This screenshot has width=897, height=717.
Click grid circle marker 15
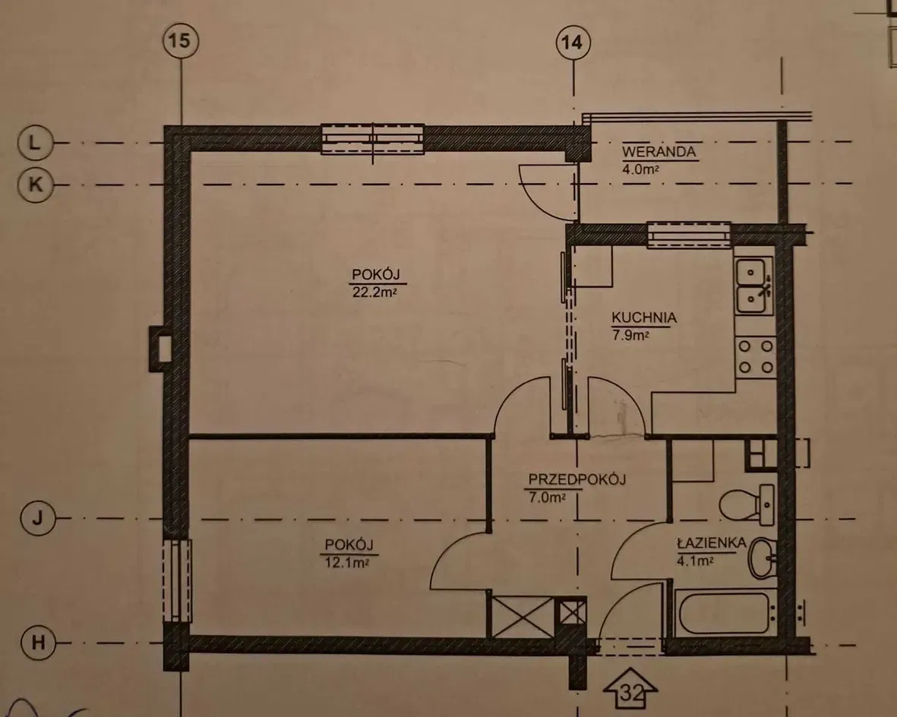coord(181,41)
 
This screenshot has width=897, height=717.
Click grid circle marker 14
coord(573,43)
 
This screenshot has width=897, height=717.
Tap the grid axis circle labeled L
coord(36,143)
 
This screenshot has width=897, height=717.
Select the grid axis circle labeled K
coord(36,185)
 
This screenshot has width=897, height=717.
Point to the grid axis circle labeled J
coord(38,519)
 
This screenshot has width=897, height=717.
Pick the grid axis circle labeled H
coord(38,643)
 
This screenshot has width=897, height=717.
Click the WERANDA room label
coord(659,152)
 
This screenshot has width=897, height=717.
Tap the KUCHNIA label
coord(644,317)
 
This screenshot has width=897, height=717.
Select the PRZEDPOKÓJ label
coord(576,479)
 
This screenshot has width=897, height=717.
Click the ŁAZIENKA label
coord(712,543)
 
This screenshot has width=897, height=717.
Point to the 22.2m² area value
coord(375,293)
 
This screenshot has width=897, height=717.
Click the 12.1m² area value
coord(346,563)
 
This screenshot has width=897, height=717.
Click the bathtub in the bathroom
coord(724,614)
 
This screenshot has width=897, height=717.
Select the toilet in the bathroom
coord(746,505)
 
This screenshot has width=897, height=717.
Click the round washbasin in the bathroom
coord(763,557)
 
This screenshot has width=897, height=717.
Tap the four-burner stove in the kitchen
coord(755,356)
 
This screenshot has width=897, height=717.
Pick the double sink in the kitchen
coord(754,286)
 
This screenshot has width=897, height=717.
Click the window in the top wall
coord(372,139)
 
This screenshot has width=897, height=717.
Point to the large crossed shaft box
coord(523,617)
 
